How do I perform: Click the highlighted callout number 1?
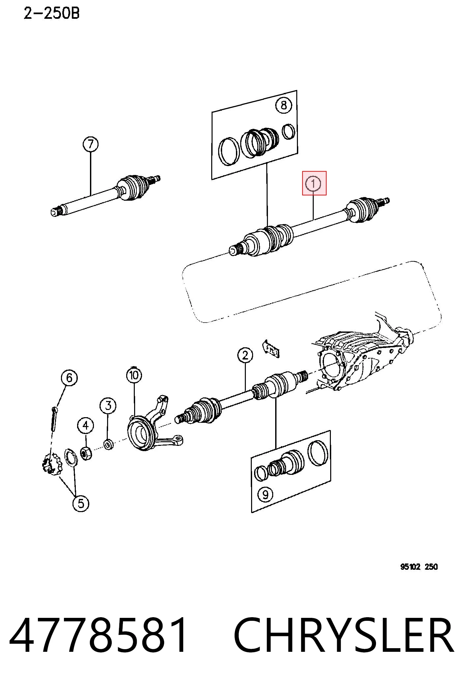coord(313,183)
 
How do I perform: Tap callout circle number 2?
coord(245,355)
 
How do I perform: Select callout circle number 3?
coord(108,406)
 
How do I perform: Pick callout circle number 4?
coord(86,426)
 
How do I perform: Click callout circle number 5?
coord(81,504)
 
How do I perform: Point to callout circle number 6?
coord(69,378)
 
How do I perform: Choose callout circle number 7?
coord(91,144)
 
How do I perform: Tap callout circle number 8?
coord(284,105)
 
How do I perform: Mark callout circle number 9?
coord(265,494)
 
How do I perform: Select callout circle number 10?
coord(134,375)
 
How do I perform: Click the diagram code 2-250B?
coord(51,14)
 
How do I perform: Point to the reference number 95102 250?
coord(419,567)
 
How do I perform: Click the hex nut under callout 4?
coord(86,453)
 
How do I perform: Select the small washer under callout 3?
coord(108,445)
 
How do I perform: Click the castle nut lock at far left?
coord(52,463)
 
